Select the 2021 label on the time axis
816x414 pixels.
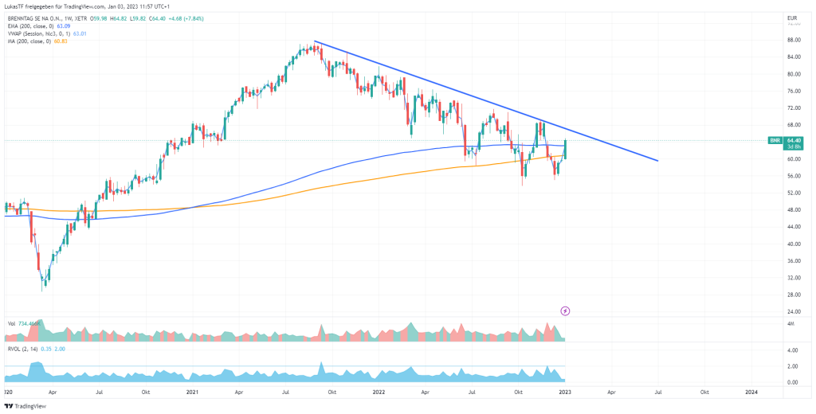[191, 393]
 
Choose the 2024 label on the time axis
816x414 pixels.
[751, 393]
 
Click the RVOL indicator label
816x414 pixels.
[14, 348]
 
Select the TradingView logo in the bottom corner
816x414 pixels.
[24, 405]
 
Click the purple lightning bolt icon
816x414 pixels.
[566, 310]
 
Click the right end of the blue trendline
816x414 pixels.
[658, 161]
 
